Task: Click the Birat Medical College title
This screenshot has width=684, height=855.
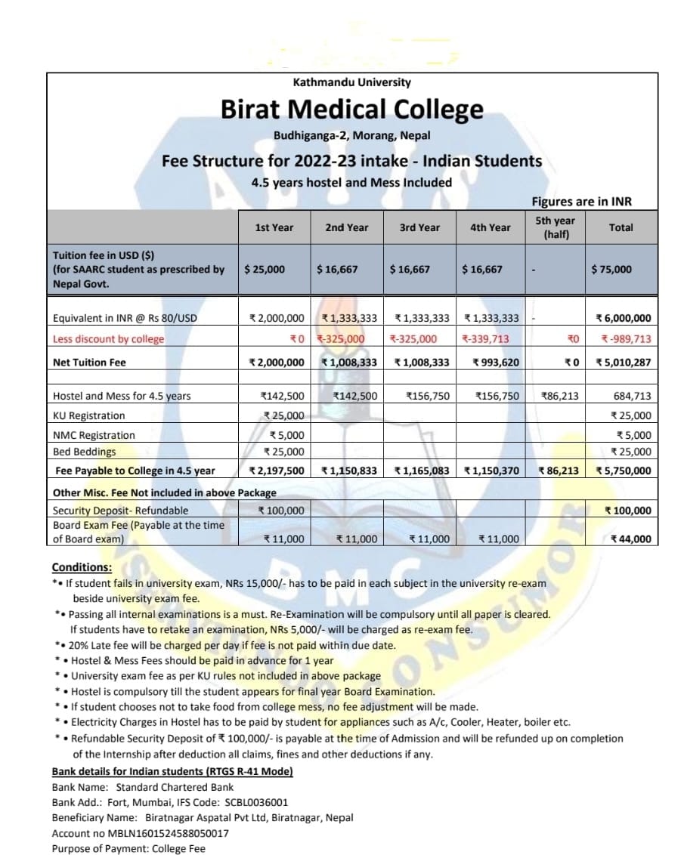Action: click(x=351, y=110)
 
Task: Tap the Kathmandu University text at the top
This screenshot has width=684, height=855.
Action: click(x=351, y=82)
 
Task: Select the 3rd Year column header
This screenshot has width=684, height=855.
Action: click(x=419, y=227)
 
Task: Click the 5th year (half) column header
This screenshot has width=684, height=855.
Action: click(x=555, y=227)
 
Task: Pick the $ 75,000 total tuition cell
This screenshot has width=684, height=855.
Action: click(x=612, y=269)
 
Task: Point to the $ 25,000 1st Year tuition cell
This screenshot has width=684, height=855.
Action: click(x=265, y=269)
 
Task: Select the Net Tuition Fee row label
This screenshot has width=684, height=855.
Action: click(x=89, y=363)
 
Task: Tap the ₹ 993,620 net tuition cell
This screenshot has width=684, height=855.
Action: click(x=496, y=363)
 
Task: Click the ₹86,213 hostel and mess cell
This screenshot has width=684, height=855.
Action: click(x=560, y=396)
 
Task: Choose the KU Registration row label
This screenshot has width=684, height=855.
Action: click(x=89, y=415)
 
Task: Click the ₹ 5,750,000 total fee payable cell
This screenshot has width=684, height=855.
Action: click(x=624, y=471)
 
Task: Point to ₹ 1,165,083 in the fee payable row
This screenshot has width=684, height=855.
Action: click(x=422, y=471)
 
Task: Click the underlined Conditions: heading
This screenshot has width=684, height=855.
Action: click(x=82, y=567)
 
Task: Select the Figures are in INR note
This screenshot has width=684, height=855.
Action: click(x=581, y=202)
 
